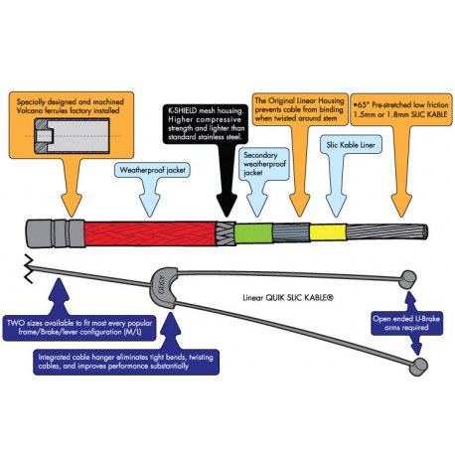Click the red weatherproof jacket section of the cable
point(150,233)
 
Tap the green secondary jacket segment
point(253,233)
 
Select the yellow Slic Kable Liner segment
point(328,232)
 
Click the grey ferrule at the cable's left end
point(55,233)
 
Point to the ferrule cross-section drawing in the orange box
point(73,136)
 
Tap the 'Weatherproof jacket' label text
point(152,170)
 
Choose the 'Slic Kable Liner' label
point(351,145)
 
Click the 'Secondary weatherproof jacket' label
point(264,164)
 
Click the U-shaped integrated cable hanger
point(165,287)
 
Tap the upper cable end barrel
point(407,279)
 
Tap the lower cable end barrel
point(418,367)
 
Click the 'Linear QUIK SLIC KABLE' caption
point(288,298)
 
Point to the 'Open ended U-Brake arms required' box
point(406,323)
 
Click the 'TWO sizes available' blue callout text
point(79,327)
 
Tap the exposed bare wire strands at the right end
point(387,232)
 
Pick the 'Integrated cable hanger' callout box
point(126,362)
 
